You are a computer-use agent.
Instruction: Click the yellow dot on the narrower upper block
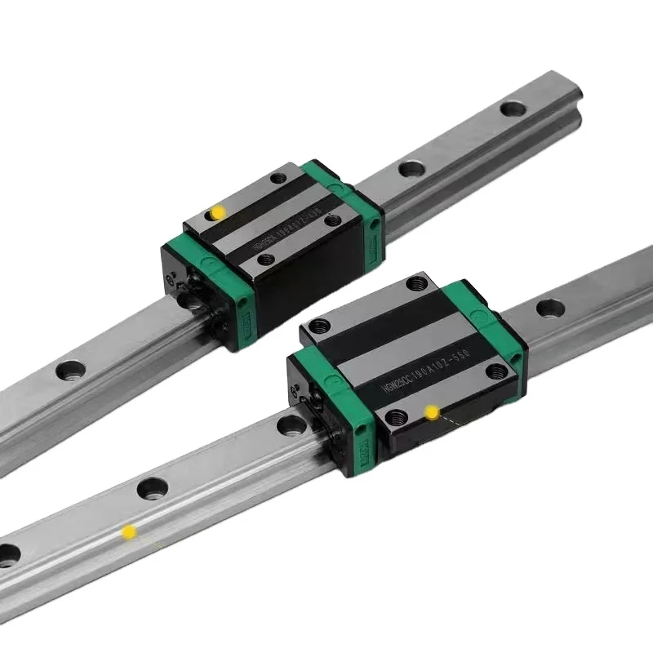(x=218, y=212)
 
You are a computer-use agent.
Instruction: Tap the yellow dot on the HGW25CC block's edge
(x=431, y=413)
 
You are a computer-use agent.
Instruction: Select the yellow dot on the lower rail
(x=128, y=532)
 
